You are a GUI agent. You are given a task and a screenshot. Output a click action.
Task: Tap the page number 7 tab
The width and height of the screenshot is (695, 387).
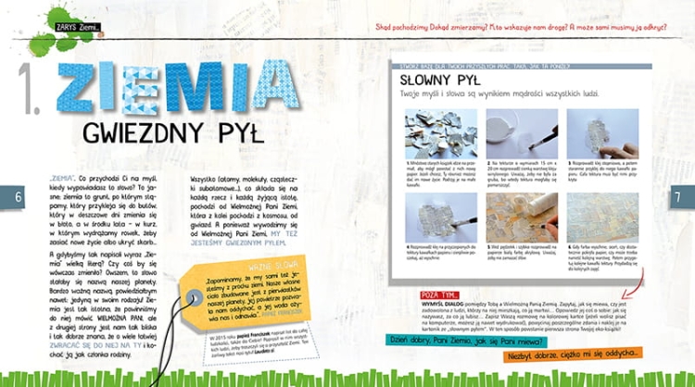pyautogui.click(x=676, y=196)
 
